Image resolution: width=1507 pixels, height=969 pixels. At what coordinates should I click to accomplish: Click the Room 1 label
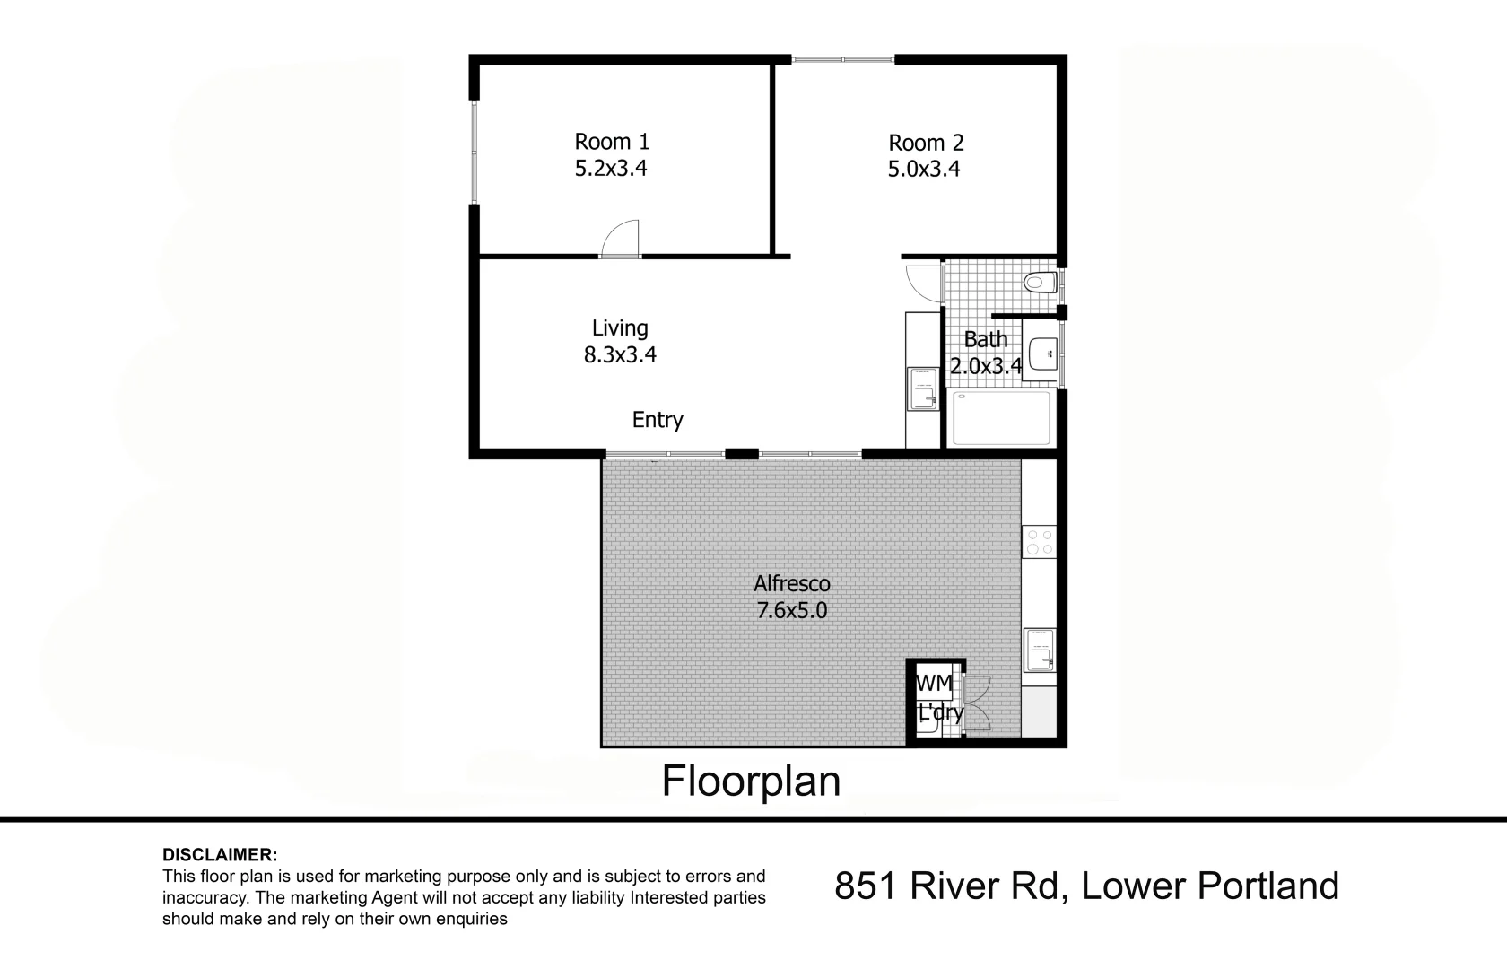pyautogui.click(x=612, y=142)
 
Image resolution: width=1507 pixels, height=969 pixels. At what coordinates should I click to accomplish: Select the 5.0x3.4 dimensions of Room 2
pyautogui.click(x=924, y=169)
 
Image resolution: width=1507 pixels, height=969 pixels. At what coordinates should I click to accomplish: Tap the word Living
pyautogui.click(x=620, y=328)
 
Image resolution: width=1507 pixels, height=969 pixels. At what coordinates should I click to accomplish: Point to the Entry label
pyautogui.click(x=658, y=420)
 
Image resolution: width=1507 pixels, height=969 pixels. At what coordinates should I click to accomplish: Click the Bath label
pyautogui.click(x=986, y=339)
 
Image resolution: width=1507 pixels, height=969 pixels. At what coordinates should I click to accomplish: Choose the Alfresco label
pyautogui.click(x=792, y=583)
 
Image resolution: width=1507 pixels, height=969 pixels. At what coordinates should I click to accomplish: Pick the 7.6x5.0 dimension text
pyautogui.click(x=792, y=611)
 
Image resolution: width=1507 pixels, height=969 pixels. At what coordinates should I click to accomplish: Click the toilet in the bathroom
pyautogui.click(x=1041, y=282)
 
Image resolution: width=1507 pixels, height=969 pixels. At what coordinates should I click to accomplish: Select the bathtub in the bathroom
pyautogui.click(x=1001, y=418)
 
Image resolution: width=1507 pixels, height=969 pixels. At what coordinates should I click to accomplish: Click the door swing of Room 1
pyautogui.click(x=620, y=239)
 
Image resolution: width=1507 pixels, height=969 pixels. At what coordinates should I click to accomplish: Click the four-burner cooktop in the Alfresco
pyautogui.click(x=1039, y=542)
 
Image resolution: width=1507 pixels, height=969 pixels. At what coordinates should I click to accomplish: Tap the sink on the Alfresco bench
pyautogui.click(x=1040, y=650)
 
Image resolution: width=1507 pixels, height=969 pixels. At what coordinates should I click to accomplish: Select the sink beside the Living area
pyautogui.click(x=923, y=389)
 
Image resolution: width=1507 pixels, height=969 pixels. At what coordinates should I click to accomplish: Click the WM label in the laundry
pyautogui.click(x=935, y=683)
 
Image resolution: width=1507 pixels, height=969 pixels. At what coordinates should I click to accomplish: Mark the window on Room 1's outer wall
pyautogui.click(x=475, y=153)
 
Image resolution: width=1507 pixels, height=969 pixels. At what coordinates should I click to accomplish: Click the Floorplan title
pyautogui.click(x=752, y=781)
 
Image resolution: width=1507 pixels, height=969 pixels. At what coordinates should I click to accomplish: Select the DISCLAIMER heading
pyautogui.click(x=220, y=854)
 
